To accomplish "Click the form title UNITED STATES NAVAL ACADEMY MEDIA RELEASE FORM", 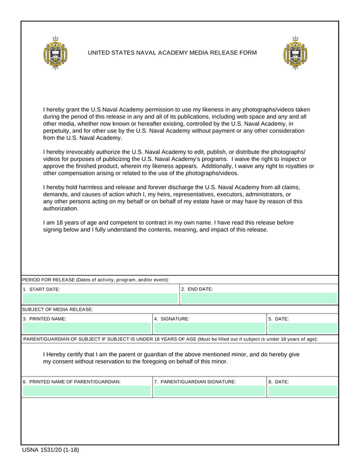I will tap(172, 53).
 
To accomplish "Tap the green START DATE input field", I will tap(100, 299).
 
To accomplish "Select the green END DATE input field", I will tap(259, 299).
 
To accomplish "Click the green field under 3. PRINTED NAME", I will tap(87, 328).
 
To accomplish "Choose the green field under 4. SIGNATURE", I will tap(209, 328).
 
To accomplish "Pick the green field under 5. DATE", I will tap(303, 328).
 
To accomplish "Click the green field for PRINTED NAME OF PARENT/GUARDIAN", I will tap(87, 391).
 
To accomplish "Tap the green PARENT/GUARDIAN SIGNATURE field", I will tap(209, 391).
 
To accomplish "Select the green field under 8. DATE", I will tap(303, 391).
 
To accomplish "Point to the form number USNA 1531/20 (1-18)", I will tap(51, 450).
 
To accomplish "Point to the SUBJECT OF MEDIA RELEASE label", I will tap(57, 310).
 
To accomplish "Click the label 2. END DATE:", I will tap(197, 289).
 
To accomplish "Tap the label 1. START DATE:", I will tap(41, 289).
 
